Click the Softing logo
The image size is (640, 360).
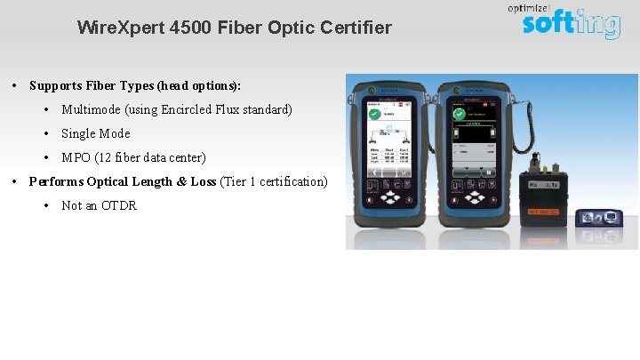[570, 24]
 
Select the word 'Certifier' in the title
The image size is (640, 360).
[355, 28]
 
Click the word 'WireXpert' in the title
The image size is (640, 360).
[113, 28]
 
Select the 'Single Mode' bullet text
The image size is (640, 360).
[95, 133]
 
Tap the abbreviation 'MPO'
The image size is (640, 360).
[76, 157]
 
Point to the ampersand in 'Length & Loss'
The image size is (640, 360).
[182, 181]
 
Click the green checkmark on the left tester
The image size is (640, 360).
[373, 114]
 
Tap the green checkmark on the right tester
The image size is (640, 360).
[459, 114]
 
